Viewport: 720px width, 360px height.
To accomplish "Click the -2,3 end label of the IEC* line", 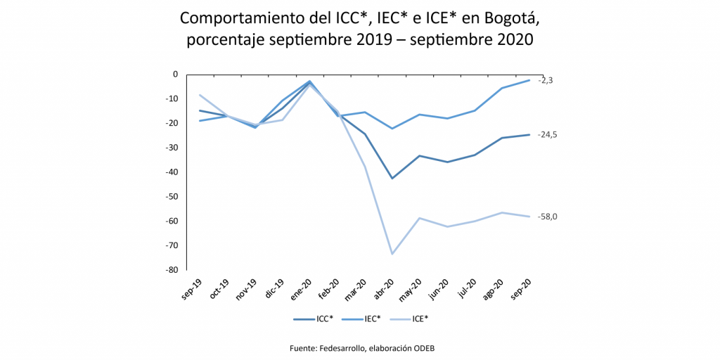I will pos(546,81).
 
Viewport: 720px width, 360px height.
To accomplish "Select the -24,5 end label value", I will pos(548,134).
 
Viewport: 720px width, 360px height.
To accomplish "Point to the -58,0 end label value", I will pos(548,217).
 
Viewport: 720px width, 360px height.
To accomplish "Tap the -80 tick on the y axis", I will pos(171,270).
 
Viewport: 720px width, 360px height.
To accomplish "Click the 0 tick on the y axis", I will pos(175,74).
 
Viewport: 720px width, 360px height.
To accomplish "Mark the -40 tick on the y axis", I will pos(171,172).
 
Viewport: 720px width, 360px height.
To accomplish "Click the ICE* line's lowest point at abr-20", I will pos(392,254).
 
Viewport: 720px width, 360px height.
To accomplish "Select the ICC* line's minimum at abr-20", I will pos(392,178).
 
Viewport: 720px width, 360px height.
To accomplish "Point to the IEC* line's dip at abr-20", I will pos(392,129).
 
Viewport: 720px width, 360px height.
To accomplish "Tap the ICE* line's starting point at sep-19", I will pos(200,95).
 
